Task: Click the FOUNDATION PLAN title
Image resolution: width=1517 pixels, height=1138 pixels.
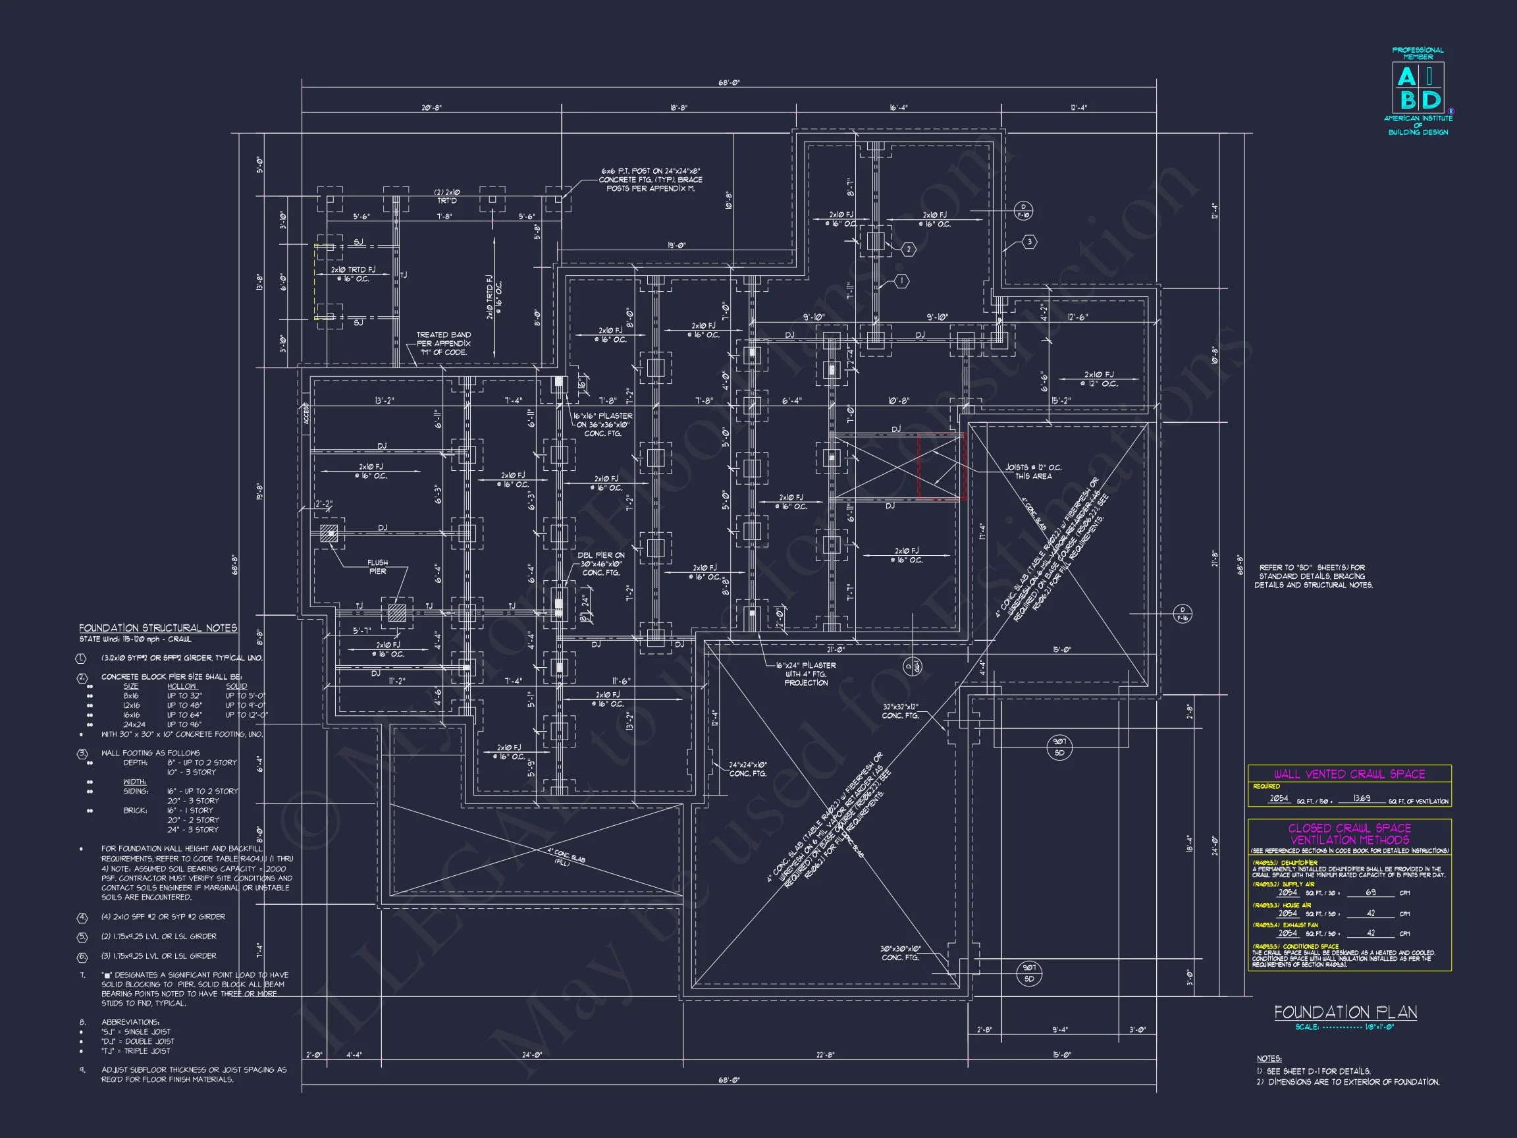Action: [1345, 1012]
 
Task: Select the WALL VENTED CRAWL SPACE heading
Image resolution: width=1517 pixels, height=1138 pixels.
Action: [1349, 774]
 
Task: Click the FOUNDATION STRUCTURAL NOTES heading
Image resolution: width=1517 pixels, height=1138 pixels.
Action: [158, 628]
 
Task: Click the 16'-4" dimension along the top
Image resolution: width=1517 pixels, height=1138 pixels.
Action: [898, 108]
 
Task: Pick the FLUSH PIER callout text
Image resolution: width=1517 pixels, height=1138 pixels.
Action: [377, 566]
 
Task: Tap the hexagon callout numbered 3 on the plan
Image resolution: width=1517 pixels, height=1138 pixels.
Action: [1029, 242]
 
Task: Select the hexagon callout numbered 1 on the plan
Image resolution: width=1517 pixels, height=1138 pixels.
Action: [903, 281]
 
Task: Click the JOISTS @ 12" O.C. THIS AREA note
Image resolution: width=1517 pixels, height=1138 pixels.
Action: [1033, 472]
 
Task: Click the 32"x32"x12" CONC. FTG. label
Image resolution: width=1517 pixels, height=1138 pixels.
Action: [901, 711]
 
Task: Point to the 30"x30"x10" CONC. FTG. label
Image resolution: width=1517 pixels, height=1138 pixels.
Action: [901, 953]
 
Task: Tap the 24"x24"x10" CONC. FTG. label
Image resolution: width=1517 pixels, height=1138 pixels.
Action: [747, 769]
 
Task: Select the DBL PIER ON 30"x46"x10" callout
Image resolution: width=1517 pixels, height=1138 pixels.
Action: [600, 564]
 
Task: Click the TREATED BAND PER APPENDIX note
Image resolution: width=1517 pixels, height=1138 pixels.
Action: [443, 344]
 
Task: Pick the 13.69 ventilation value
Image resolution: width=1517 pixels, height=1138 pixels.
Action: [1363, 798]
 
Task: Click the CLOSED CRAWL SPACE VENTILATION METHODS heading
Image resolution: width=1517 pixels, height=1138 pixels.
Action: [1349, 834]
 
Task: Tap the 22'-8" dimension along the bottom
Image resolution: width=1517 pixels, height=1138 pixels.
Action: [825, 1055]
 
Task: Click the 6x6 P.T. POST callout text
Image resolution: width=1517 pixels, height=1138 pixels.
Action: [651, 180]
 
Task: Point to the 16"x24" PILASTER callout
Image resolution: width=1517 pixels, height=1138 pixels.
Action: [806, 674]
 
